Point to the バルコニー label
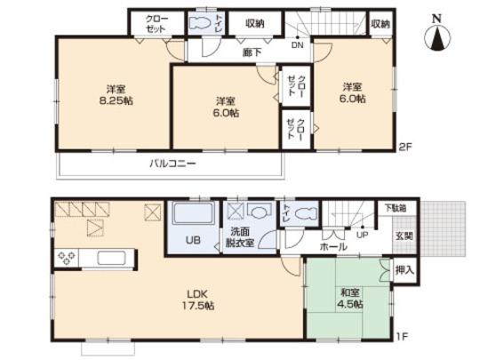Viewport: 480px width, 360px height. [x=172, y=164]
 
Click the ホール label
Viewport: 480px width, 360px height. [x=333, y=246]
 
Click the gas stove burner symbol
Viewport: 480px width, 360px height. [x=68, y=259]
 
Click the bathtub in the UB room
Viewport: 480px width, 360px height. [x=188, y=217]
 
